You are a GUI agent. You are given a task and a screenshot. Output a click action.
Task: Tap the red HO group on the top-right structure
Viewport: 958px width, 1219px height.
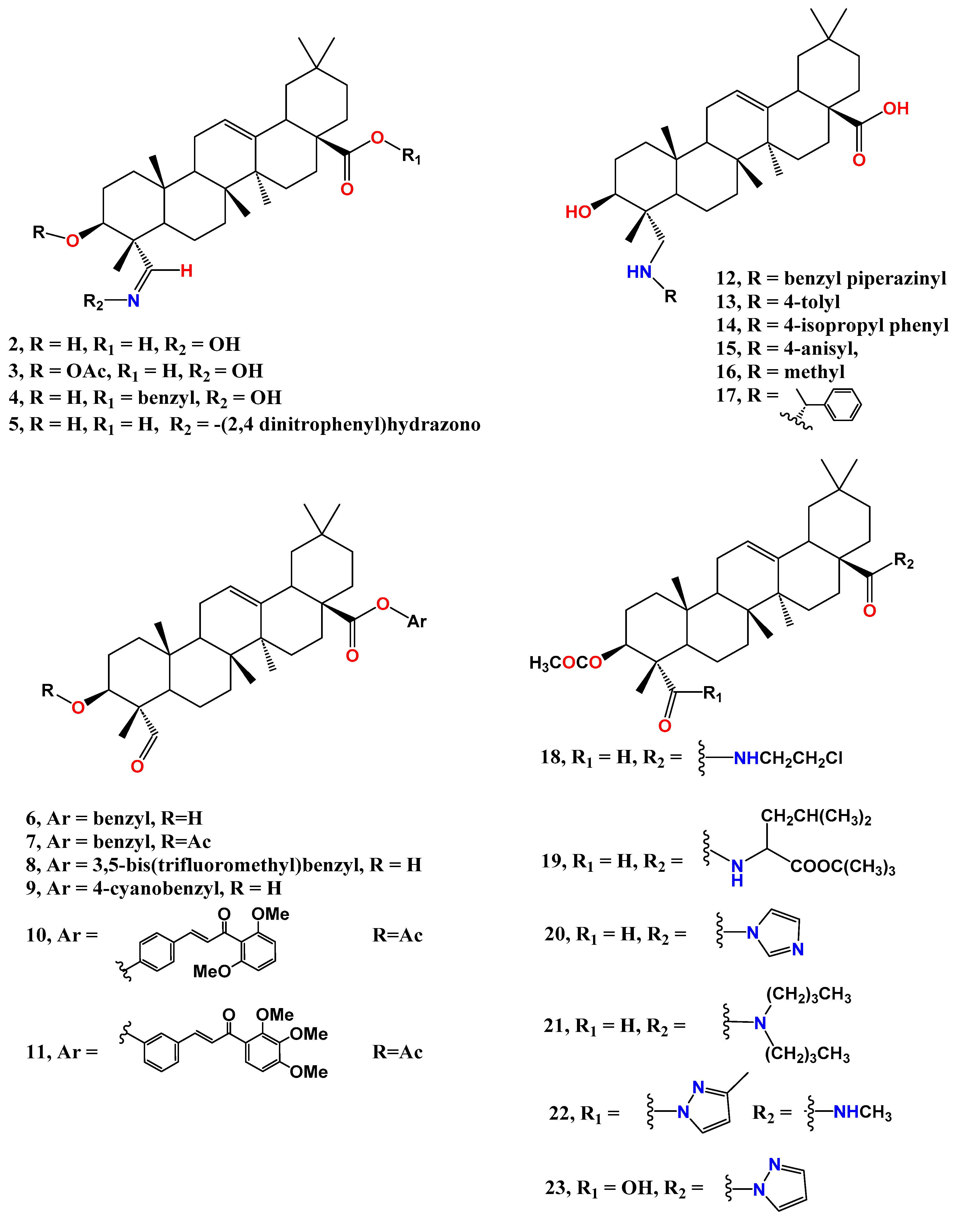[x=578, y=212]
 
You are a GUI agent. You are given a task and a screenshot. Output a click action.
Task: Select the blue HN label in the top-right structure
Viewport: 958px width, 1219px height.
[x=639, y=272]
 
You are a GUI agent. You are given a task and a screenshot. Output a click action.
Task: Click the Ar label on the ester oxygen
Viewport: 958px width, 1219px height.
[x=417, y=621]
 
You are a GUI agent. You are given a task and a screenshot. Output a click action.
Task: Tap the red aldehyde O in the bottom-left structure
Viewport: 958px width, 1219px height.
[x=137, y=766]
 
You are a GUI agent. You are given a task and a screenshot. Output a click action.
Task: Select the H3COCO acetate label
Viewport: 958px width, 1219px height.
[x=565, y=663]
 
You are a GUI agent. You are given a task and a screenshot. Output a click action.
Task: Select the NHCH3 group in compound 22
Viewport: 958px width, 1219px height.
[x=862, y=1112]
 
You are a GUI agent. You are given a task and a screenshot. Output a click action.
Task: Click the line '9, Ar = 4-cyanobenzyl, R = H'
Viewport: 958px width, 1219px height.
[x=153, y=888]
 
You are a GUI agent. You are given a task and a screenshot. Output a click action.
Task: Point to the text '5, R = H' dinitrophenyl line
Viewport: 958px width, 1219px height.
[x=244, y=425]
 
